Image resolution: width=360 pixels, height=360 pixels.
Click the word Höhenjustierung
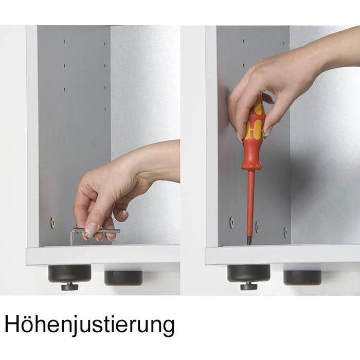[89, 325]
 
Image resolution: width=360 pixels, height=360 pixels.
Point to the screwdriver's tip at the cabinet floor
[249, 243]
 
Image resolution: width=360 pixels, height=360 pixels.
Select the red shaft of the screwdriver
[250, 204]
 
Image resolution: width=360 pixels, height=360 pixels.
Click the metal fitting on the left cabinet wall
[52, 223]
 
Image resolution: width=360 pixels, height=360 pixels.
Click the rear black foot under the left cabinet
[123, 278]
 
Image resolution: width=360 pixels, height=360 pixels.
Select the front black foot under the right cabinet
[248, 274]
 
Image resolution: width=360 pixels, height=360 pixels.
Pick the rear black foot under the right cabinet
[302, 278]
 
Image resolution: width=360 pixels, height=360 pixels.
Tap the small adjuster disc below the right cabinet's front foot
[248, 286]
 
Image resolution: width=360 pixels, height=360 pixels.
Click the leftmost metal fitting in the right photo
[231, 222]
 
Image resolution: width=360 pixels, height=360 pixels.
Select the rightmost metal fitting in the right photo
[285, 232]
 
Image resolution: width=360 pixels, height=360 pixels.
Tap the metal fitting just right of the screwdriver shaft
[257, 227]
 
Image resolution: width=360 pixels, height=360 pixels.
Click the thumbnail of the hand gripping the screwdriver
[267, 133]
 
